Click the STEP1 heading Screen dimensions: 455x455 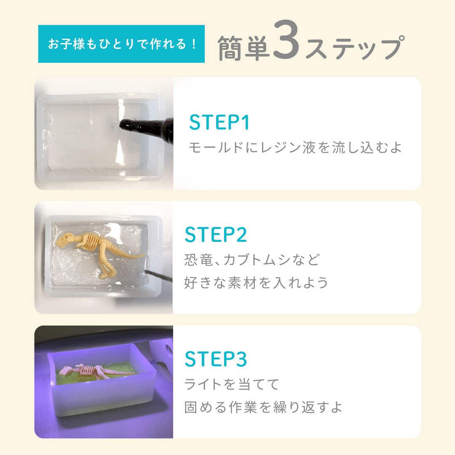(219, 122)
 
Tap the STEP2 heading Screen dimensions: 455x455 (216, 235)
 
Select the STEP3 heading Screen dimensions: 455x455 (216, 359)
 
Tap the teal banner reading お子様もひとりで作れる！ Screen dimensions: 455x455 (121, 44)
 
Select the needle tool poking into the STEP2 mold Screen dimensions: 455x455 (158, 276)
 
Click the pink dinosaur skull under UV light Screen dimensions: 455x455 (66, 370)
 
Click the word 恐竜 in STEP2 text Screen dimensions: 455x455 (198, 260)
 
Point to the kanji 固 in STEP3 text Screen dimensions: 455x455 (191, 407)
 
